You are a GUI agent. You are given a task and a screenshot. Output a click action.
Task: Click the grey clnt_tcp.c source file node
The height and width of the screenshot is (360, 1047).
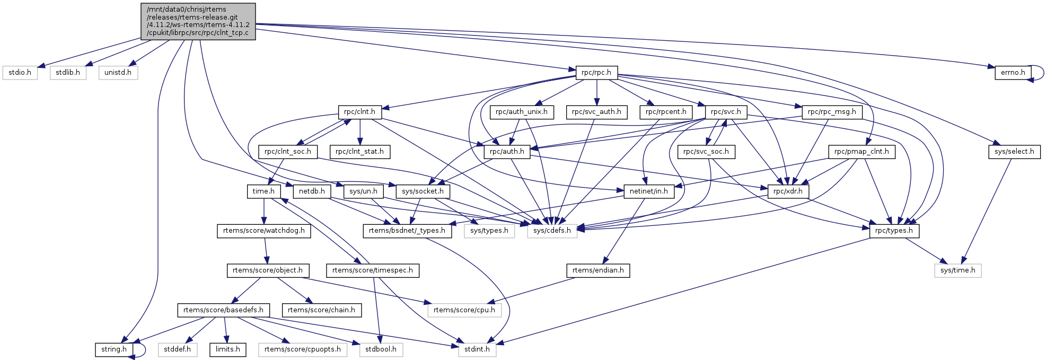pyautogui.click(x=198, y=21)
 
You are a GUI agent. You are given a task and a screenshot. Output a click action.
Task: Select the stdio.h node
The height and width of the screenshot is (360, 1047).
pyautogui.click(x=20, y=73)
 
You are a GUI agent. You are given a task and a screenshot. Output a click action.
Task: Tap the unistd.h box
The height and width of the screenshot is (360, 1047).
pyautogui.click(x=118, y=73)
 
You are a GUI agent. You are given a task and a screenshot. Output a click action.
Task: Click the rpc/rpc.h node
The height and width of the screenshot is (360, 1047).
pyautogui.click(x=596, y=73)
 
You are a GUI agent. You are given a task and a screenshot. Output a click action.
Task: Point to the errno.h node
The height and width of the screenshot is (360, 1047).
pyautogui.click(x=1013, y=73)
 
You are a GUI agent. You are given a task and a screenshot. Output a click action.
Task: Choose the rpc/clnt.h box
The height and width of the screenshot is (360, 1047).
pyautogui.click(x=359, y=112)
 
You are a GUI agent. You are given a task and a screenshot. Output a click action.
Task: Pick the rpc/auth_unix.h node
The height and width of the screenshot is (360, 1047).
pyautogui.click(x=522, y=112)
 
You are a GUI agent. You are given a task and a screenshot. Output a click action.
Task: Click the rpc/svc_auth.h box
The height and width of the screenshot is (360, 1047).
pyautogui.click(x=596, y=112)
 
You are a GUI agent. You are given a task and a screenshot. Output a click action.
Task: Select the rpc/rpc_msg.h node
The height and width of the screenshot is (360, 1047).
pyautogui.click(x=832, y=112)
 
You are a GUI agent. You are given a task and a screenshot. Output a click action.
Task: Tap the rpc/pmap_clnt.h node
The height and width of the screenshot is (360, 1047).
pyautogui.click(x=861, y=152)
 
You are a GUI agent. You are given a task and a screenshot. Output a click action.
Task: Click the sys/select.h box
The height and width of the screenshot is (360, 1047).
pyautogui.click(x=1014, y=152)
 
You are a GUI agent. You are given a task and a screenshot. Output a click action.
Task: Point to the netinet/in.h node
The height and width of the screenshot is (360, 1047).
pyautogui.click(x=648, y=191)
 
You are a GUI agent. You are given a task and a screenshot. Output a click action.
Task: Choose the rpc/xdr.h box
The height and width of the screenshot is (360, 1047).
pyautogui.click(x=788, y=191)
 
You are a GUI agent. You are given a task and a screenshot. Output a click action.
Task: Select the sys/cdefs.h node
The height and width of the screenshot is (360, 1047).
pyautogui.click(x=552, y=231)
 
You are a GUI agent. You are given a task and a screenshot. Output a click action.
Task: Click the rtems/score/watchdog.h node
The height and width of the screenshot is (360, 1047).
pyautogui.click(x=264, y=231)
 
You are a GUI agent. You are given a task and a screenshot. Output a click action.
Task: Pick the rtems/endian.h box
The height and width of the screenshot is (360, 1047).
pyautogui.click(x=598, y=270)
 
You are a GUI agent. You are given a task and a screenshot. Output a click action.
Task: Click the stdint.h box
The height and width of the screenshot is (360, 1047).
pyautogui.click(x=477, y=349)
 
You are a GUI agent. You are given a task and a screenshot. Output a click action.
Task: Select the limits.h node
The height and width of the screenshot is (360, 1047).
pyautogui.click(x=228, y=349)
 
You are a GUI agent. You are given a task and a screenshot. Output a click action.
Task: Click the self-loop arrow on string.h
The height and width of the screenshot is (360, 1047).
pyautogui.click(x=142, y=350)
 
